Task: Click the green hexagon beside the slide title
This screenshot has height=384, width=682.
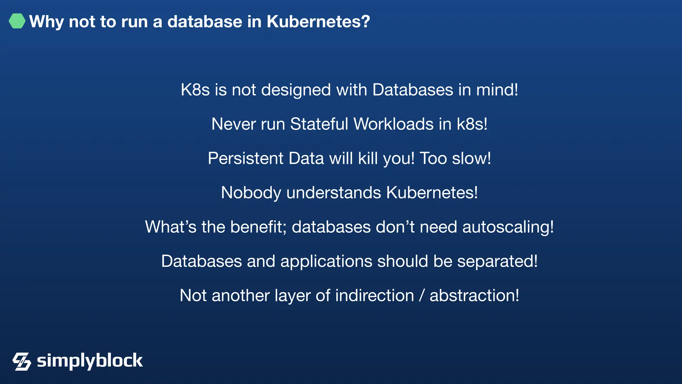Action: click(x=17, y=21)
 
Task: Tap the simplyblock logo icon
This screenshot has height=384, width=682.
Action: click(x=22, y=361)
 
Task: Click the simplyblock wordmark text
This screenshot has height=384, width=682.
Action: click(x=90, y=361)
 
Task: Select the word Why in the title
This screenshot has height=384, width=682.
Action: click(x=46, y=22)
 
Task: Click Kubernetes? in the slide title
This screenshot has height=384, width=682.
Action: click(x=318, y=22)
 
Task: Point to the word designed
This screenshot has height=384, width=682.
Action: click(x=296, y=90)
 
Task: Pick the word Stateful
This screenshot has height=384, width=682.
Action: click(x=319, y=124)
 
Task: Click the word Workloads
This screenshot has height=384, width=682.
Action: click(x=394, y=124)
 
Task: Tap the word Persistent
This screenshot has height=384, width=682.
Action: click(x=245, y=158)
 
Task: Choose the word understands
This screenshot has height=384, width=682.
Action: click(x=334, y=193)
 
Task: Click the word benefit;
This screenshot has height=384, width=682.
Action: click(x=258, y=227)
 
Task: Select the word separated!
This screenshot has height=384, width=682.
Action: click(x=498, y=261)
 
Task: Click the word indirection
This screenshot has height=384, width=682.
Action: click(x=375, y=296)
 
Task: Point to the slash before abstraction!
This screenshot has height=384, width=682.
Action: click(x=422, y=296)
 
